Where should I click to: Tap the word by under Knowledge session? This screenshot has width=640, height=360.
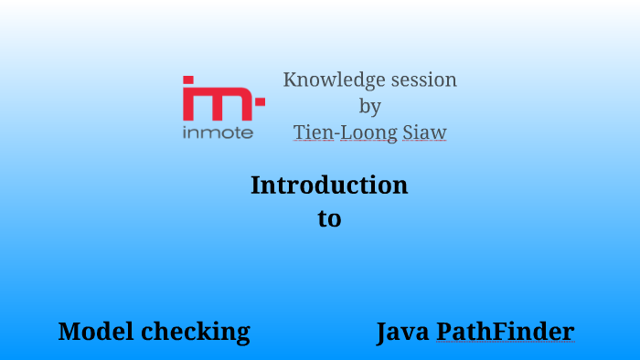pyautogui.click(x=369, y=107)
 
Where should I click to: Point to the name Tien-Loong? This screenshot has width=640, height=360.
pyautogui.click(x=345, y=132)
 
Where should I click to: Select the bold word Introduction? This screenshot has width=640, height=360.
pyautogui.click(x=329, y=185)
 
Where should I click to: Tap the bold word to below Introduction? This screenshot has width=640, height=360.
pyautogui.click(x=329, y=219)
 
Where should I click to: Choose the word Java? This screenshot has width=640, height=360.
pyautogui.click(x=403, y=332)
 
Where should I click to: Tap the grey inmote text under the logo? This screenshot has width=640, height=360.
pyautogui.click(x=218, y=132)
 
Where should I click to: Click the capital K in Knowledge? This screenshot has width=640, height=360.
pyautogui.click(x=290, y=80)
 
